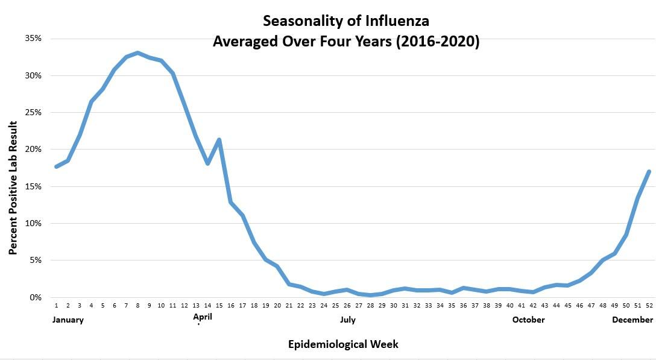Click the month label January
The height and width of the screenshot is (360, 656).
click(x=67, y=320)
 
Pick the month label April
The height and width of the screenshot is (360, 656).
click(x=203, y=316)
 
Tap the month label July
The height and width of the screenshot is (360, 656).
click(x=347, y=320)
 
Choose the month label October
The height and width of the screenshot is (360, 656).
click(x=528, y=320)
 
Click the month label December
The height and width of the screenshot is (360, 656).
click(x=632, y=320)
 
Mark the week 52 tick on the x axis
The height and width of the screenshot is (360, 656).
click(x=649, y=306)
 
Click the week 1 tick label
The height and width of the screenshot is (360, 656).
click(x=56, y=306)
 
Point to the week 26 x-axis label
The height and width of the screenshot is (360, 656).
click(x=347, y=306)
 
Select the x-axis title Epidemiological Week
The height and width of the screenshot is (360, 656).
click(x=343, y=344)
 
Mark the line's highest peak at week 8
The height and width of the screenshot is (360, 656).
click(x=137, y=53)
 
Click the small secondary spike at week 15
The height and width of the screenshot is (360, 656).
click(x=219, y=140)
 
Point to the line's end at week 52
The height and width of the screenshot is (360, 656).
click(x=649, y=172)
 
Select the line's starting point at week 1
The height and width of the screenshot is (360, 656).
click(x=56, y=166)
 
